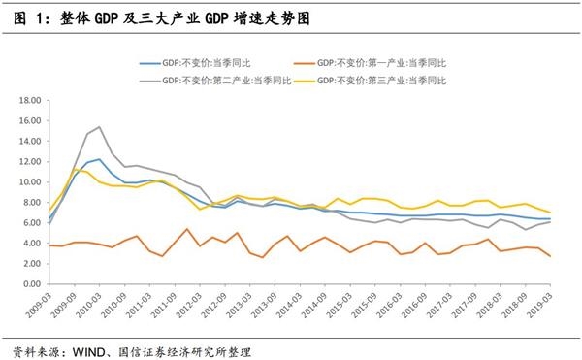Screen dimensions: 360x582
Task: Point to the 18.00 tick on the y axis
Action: (26, 99)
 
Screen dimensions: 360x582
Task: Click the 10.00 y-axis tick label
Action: (26, 181)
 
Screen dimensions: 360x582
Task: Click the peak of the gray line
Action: (99, 127)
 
